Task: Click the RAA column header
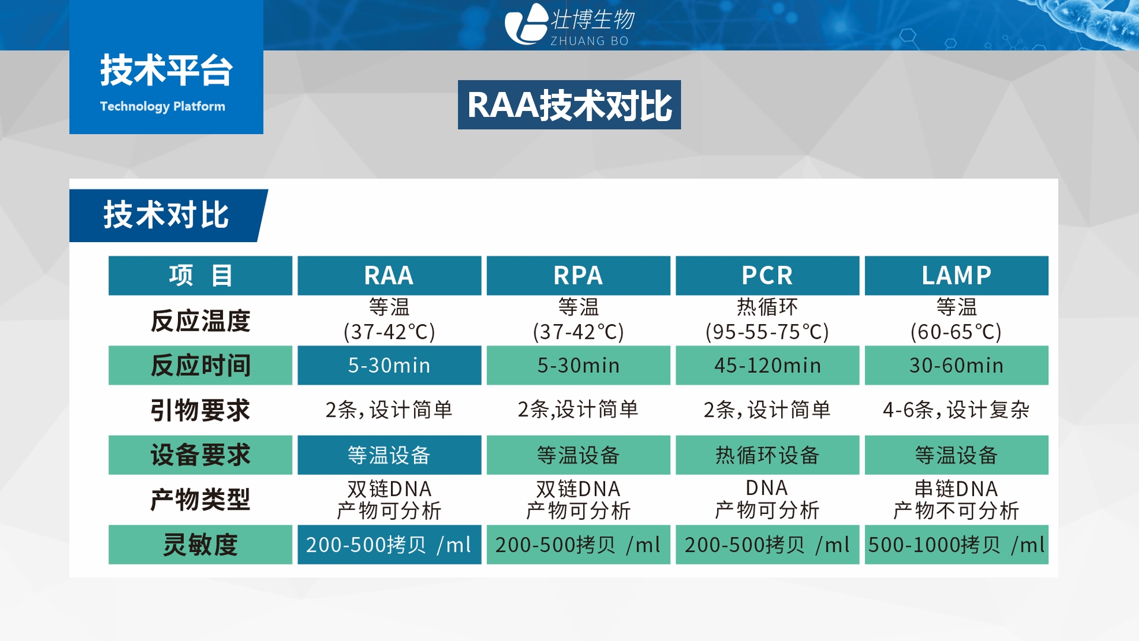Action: [389, 275]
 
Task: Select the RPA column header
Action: [578, 275]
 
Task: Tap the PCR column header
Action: [767, 275]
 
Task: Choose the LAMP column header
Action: [956, 275]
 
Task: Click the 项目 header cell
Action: [201, 275]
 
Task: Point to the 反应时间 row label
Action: [201, 365]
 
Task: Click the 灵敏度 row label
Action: [201, 544]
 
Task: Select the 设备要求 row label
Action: [201, 455]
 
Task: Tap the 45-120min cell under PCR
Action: [767, 365]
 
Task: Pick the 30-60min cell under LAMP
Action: [956, 365]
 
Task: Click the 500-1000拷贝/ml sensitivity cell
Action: [956, 544]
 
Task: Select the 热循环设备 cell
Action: [767, 455]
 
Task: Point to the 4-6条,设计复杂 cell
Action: [956, 410]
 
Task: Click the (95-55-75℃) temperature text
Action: [767, 332]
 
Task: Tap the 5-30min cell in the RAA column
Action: [389, 365]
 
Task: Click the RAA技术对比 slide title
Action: [569, 105]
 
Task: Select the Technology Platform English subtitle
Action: [163, 107]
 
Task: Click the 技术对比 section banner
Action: [166, 215]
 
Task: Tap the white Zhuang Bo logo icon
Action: [526, 24]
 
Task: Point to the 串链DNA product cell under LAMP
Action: [956, 499]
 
